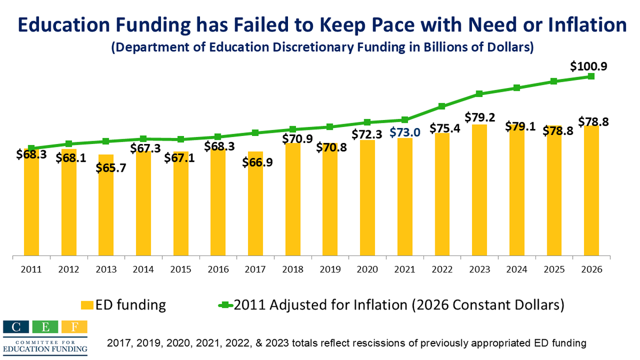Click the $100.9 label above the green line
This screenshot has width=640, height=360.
pyautogui.click(x=588, y=67)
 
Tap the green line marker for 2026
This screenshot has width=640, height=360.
pyautogui.click(x=591, y=76)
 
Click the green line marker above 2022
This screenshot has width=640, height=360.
pyautogui.click(x=442, y=106)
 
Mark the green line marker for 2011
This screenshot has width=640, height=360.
pyautogui.click(x=31, y=148)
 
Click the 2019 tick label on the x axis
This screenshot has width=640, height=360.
pyautogui.click(x=330, y=269)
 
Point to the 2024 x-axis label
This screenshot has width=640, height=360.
pyautogui.click(x=517, y=269)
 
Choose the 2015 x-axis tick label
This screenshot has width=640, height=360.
pyautogui.click(x=181, y=269)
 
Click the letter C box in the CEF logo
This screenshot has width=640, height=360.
pyautogui.click(x=14, y=327)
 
